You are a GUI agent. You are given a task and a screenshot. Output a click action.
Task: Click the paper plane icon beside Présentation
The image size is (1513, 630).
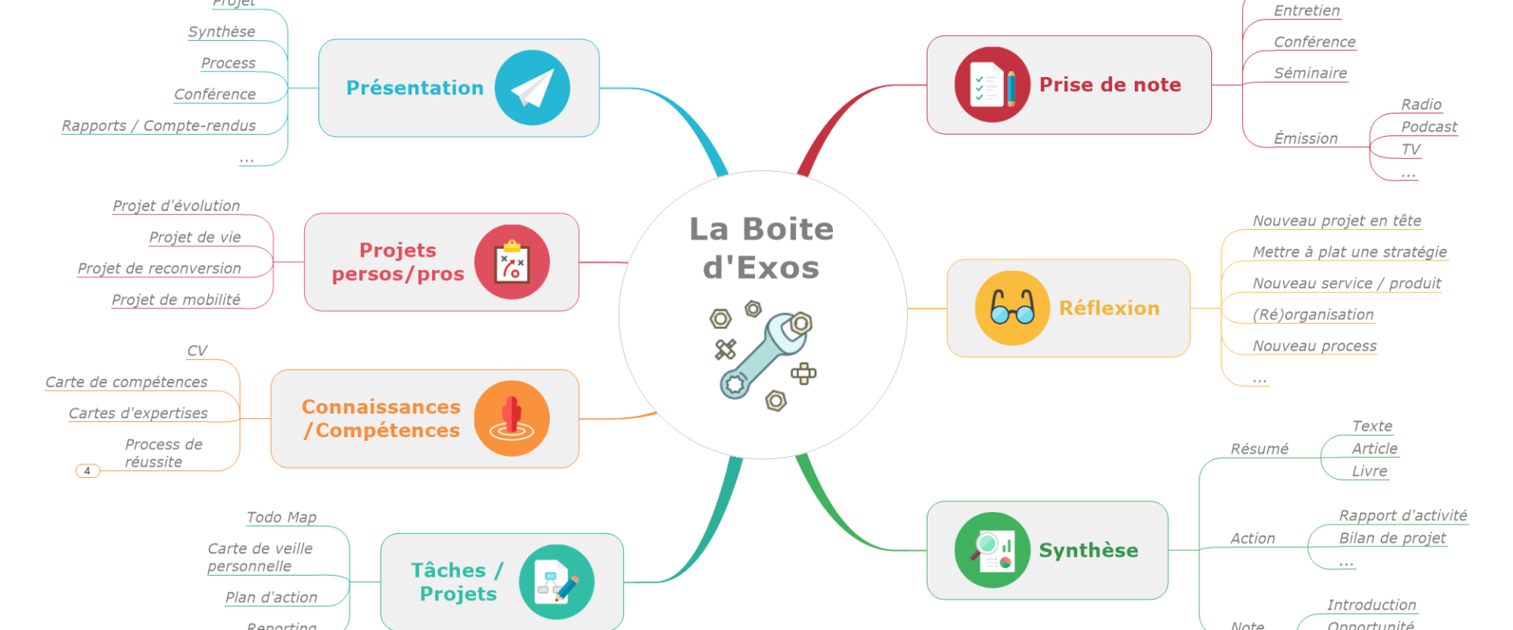pos(532,87)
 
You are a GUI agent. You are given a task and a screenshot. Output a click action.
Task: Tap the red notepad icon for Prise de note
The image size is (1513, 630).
pos(992,84)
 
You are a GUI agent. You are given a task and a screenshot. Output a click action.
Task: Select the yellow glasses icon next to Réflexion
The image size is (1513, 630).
pos(1013,308)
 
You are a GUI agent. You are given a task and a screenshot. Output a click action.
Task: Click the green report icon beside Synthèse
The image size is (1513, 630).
pos(992,550)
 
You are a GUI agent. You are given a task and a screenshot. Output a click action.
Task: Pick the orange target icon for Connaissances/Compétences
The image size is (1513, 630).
pos(511,418)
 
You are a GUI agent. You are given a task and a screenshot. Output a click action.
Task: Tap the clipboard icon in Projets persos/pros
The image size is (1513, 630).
pos(511,262)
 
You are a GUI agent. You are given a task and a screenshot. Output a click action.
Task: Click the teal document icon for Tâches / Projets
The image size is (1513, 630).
pos(556,582)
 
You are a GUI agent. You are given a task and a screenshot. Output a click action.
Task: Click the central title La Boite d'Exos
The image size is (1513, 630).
pos(761,248)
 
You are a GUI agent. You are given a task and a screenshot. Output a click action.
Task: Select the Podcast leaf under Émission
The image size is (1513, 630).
pos(1429,127)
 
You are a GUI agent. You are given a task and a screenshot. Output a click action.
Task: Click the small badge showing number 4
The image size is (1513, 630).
pos(87,471)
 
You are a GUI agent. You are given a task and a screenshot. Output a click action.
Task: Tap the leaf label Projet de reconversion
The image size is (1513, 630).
pos(159,269)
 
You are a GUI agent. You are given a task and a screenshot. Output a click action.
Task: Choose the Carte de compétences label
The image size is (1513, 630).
pos(127,382)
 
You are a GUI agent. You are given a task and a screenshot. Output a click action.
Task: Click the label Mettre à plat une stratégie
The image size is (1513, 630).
pos(1349,252)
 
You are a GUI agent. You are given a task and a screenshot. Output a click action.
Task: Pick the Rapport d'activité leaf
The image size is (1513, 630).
pos(1403,516)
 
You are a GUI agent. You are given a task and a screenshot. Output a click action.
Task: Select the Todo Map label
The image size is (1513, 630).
pos(281,517)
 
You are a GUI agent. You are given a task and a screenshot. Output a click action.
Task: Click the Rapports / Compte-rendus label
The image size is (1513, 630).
pos(158,126)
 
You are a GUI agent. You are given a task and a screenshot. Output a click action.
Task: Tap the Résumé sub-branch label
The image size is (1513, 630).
pos(1259,449)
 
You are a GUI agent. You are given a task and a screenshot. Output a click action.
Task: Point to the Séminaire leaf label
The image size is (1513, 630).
pos(1310,73)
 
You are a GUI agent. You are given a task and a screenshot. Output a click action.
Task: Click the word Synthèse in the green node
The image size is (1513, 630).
pos(1088,550)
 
